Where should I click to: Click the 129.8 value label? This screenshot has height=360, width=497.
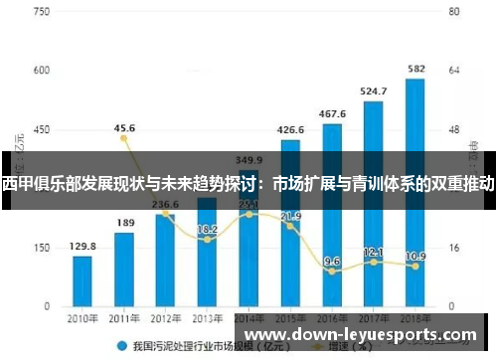pyautogui.click(x=83, y=246)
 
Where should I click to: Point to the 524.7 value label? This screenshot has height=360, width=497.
pyautogui.click(x=374, y=90)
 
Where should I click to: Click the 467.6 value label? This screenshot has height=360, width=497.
pyautogui.click(x=332, y=113)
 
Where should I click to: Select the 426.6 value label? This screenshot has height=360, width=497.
pyautogui.click(x=290, y=129)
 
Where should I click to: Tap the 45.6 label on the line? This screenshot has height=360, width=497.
pyautogui.click(x=125, y=128)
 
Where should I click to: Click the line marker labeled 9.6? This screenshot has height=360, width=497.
pyautogui.click(x=332, y=270)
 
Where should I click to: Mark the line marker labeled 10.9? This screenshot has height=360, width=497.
pyautogui.click(x=415, y=267)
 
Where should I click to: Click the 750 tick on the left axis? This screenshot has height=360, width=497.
pyautogui.click(x=41, y=11)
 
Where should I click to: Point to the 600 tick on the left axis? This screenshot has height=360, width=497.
pyautogui.click(x=41, y=71)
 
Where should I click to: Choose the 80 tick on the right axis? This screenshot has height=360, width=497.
pyautogui.click(x=453, y=11)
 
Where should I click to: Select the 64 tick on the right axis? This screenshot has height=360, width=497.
pyautogui.click(x=453, y=71)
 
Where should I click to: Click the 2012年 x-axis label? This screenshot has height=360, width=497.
pyautogui.click(x=166, y=318)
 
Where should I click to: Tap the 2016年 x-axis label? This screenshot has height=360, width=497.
pyautogui.click(x=332, y=318)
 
